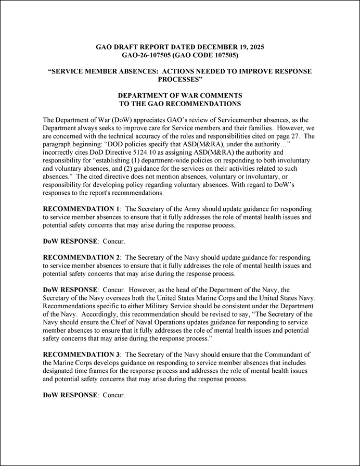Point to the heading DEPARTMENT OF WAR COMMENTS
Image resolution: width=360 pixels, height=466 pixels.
(x=180, y=96)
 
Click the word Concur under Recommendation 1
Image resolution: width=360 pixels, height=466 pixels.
(x=114, y=242)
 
